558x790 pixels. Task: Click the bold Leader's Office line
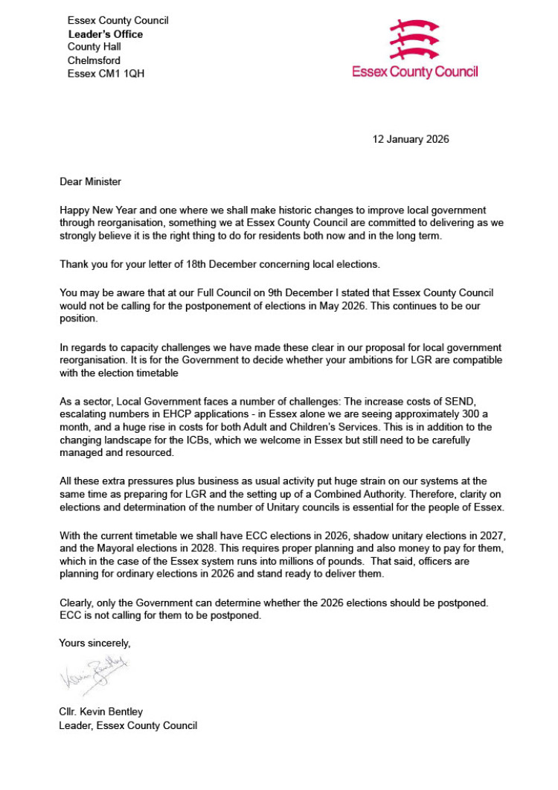click(x=106, y=34)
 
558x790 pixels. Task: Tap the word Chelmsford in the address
click(x=94, y=60)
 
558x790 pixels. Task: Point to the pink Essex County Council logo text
click(x=414, y=72)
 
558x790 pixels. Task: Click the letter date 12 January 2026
click(x=411, y=139)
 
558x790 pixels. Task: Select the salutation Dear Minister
click(x=89, y=181)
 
